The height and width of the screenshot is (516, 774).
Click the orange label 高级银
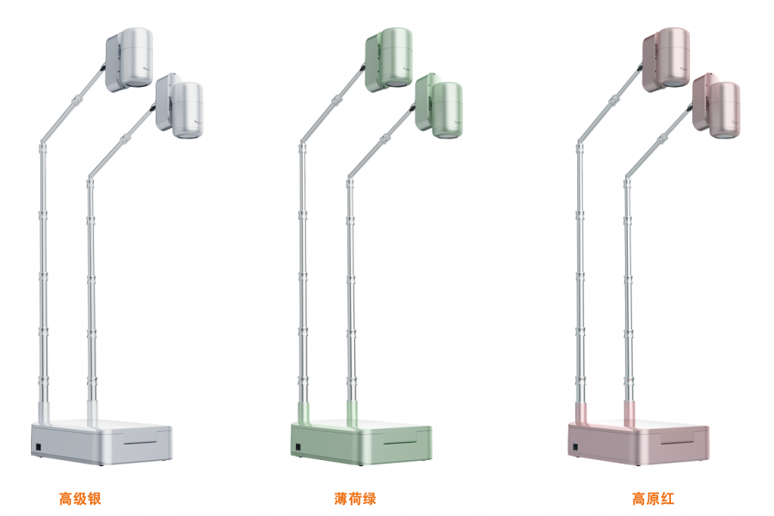coord(80,498)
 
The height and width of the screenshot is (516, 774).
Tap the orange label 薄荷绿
coord(355,498)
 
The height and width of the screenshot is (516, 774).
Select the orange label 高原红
coord(653,498)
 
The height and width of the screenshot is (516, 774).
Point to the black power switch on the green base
coord(298,447)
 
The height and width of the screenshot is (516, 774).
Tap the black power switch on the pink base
coord(575,447)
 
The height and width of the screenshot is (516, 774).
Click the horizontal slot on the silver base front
coord(141,442)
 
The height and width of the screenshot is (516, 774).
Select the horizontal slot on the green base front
coord(401,442)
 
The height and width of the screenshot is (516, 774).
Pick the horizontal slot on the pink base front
coord(679,442)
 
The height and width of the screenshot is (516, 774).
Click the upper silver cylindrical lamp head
coord(136,58)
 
